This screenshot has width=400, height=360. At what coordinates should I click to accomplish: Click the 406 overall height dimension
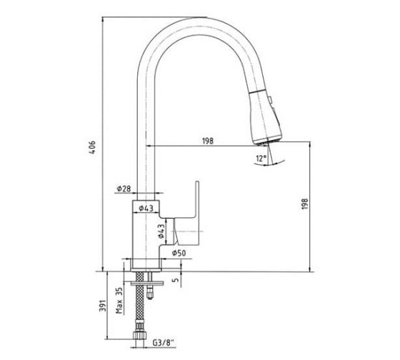coord(92,146)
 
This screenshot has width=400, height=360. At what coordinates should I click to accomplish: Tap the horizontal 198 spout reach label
coord(208,141)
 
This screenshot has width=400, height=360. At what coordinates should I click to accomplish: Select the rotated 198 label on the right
coord(305,204)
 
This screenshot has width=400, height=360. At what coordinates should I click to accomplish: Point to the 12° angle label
coord(261,158)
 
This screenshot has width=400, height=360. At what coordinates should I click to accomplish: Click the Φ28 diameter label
coord(124,189)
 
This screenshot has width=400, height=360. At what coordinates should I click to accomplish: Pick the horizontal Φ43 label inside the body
coord(146,208)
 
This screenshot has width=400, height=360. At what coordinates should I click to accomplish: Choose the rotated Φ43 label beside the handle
coord(161,231)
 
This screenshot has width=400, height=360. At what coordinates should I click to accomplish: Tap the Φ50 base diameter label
coord(179,253)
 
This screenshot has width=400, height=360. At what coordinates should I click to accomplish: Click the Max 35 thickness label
coord(119,301)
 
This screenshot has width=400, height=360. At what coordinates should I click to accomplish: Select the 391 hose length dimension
coord(102,305)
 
